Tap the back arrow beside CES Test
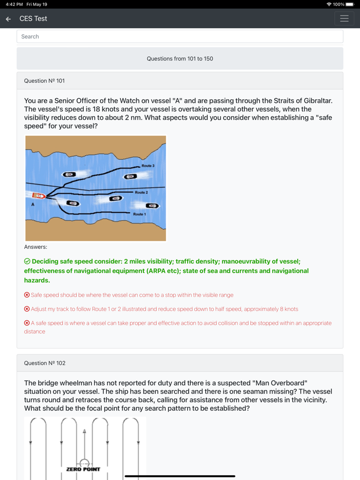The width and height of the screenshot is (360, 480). [8, 19]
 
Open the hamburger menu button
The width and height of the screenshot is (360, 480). [344, 19]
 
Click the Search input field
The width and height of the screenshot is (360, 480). [180, 36]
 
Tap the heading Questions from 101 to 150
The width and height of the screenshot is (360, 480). [180, 59]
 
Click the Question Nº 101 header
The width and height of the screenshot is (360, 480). [44, 81]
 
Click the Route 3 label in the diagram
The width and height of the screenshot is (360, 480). [148, 166]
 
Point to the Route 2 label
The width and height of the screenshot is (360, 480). [141, 192]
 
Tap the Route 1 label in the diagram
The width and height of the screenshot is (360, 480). [139, 214]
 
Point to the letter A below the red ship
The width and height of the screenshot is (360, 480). [33, 205]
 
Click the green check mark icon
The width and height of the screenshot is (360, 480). [27, 261]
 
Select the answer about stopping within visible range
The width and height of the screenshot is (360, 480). [132, 295]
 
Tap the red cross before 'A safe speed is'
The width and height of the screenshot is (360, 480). [27, 323]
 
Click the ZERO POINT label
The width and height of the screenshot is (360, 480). [83, 469]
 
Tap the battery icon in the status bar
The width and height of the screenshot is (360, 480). [350, 4]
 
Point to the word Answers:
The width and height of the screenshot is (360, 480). [35, 247]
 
